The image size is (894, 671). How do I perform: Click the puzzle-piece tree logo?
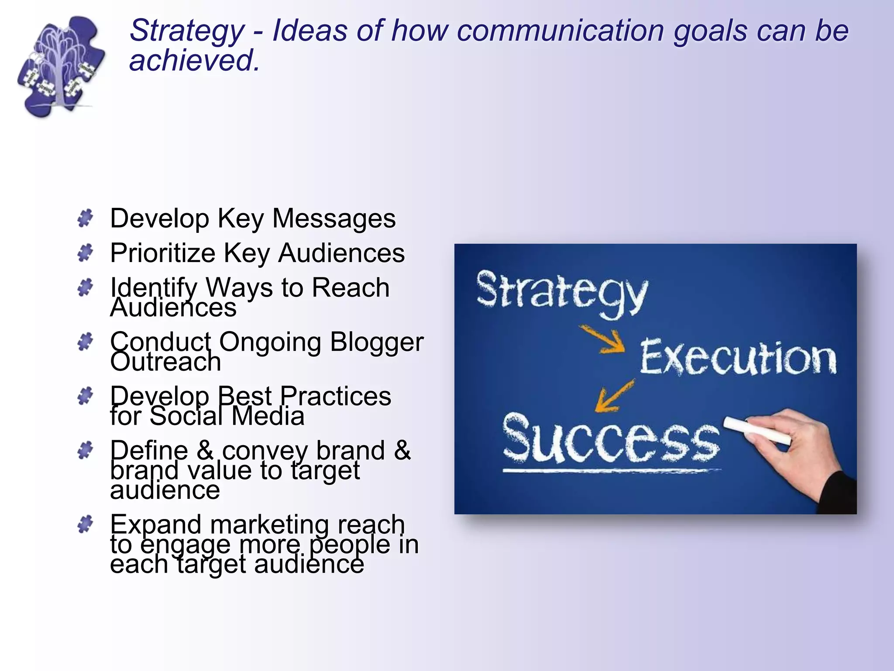[x=61, y=66]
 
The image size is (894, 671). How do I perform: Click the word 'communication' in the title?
[x=560, y=31]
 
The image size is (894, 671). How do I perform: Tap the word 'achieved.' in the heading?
[x=194, y=60]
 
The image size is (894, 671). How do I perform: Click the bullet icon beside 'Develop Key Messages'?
[x=85, y=218]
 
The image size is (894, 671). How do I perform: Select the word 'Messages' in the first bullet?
[x=334, y=218]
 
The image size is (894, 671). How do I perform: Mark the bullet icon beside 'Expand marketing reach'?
[x=85, y=524]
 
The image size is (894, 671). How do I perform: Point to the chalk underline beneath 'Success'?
[x=611, y=471]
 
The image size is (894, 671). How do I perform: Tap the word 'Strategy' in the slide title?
[x=186, y=31]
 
